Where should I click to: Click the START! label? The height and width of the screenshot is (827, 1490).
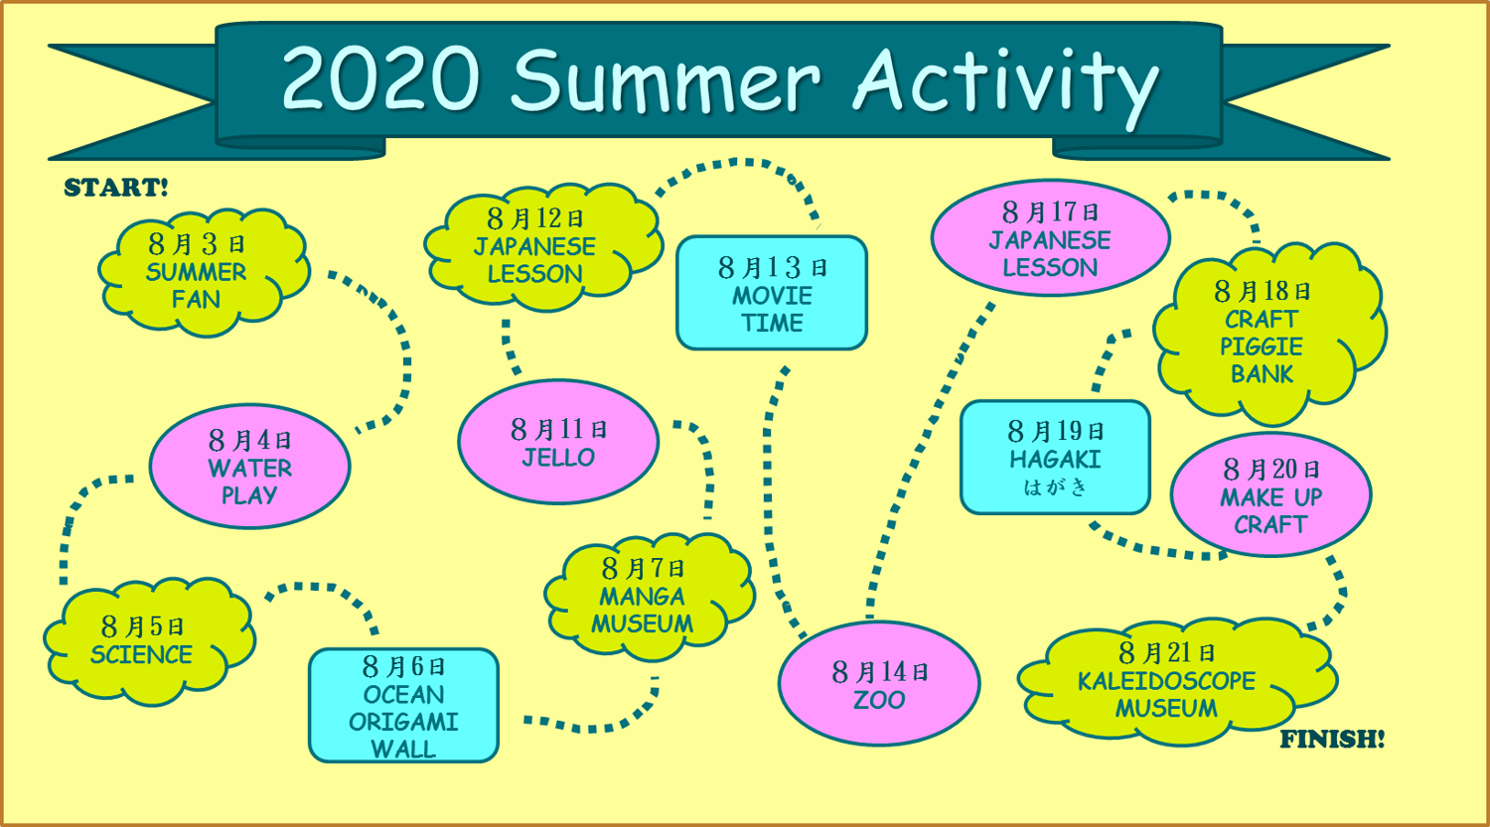(x=116, y=188)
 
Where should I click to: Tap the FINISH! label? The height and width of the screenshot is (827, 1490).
(x=1331, y=740)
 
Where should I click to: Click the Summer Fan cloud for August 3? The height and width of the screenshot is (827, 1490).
(x=199, y=272)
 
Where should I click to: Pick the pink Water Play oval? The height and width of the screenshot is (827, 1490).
(x=249, y=467)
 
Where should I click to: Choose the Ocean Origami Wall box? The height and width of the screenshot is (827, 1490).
(x=403, y=706)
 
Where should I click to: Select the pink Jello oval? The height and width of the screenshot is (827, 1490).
(x=558, y=442)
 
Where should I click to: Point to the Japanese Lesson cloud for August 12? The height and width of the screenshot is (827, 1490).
(x=536, y=246)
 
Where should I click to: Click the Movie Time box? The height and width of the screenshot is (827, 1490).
(x=772, y=294)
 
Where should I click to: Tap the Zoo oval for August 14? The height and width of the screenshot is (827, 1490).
(x=879, y=686)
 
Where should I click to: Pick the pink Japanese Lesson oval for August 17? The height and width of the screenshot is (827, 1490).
(x=1050, y=239)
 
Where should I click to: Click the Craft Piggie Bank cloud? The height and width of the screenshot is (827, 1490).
(x=1263, y=334)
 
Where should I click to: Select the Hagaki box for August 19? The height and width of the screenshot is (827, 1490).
(x=1055, y=457)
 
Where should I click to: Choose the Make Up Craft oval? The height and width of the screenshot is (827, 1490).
(x=1270, y=495)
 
